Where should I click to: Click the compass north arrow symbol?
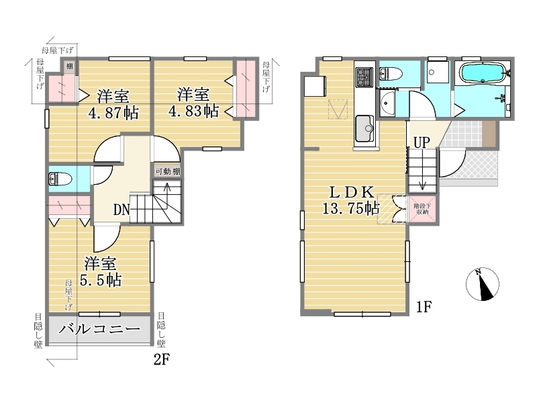pos(482,284)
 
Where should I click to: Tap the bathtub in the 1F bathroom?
pos(483,73)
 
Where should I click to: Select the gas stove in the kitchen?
pos(364,77)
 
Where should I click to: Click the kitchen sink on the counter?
pos(364,128)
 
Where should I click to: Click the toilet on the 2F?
pos(60,179)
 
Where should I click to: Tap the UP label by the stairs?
pos(422,142)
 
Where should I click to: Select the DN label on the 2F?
pos(121,210)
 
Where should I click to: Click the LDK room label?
pos(352,192)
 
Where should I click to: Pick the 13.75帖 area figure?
pos(351,208)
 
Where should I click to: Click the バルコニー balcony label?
pos(99,329)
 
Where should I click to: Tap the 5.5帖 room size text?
pos(101,280)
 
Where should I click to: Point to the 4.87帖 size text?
pos(113,112)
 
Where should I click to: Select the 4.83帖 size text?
pos(193,110)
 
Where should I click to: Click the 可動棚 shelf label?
pos(168,171)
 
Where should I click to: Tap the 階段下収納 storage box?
pos(423,209)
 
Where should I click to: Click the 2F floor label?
pos(162,359)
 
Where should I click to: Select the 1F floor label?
pos(424,307)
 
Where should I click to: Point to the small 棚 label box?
pos(70,66)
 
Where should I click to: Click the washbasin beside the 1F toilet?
pos(387,103)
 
